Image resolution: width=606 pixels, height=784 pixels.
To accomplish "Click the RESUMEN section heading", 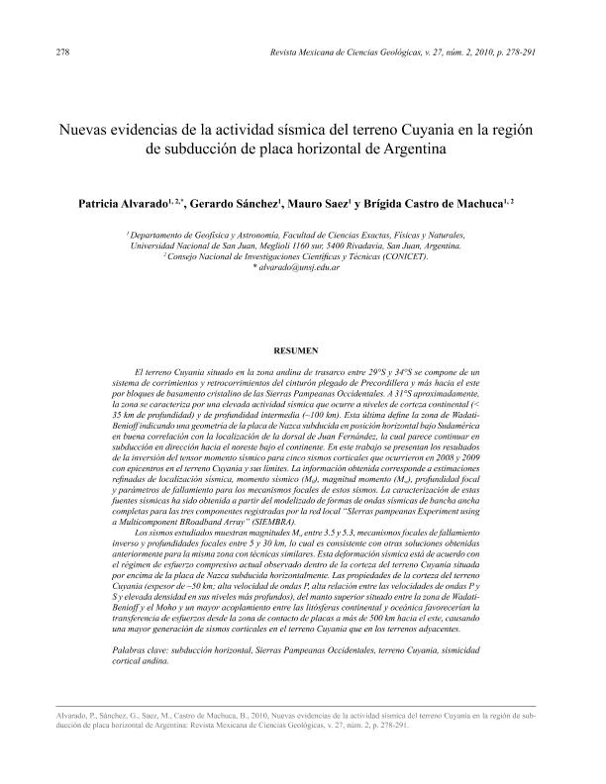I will (302, 350).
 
